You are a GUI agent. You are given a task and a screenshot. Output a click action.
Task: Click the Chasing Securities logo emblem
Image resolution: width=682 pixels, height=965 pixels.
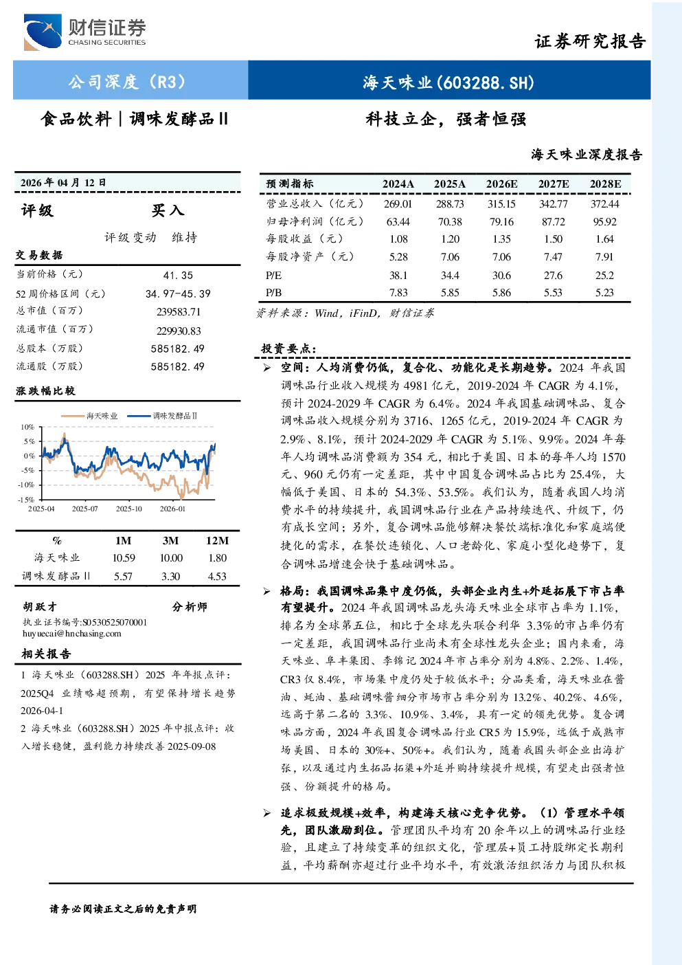pos(43,32)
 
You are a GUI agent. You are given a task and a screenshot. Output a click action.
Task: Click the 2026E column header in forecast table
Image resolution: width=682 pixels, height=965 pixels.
pos(501,184)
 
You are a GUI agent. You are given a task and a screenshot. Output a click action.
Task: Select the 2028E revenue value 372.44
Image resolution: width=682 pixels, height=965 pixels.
pos(605,203)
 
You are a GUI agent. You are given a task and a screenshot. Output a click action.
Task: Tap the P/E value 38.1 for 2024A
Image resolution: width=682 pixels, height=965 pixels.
pos(398,276)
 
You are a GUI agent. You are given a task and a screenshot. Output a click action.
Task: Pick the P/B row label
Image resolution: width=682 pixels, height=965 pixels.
pos(274,293)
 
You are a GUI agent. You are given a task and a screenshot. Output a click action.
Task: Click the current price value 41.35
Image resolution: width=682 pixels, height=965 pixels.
pos(179,276)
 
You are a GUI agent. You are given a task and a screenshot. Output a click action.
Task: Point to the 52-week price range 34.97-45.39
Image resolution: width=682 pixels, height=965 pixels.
pos(178,293)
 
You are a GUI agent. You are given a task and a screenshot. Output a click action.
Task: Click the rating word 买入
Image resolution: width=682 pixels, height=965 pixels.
pos(168,210)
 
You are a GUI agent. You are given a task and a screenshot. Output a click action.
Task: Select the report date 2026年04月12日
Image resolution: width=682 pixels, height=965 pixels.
pos(63,183)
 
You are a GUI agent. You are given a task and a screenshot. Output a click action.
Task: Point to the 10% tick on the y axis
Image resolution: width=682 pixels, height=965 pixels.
pos(27,427)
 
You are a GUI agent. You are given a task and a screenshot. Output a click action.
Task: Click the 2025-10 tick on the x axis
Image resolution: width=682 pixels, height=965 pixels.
pos(128,509)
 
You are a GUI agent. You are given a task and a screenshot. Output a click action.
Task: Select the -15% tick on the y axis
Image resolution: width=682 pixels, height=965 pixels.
pos(26,500)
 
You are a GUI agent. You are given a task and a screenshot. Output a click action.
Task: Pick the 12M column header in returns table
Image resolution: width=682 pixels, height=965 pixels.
pos(217,541)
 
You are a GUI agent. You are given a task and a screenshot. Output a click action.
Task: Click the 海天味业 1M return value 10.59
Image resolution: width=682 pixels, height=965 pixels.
pos(124,558)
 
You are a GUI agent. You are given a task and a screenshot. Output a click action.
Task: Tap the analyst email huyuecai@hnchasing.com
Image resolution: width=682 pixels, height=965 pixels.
pos(72,633)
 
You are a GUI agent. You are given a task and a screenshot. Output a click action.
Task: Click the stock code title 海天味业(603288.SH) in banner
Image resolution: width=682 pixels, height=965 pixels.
pos(448,82)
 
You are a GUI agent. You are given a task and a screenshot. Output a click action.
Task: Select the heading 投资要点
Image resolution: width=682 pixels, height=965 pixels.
pos(288,348)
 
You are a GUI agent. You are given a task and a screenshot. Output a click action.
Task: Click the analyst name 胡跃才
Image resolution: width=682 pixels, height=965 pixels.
pos(40,607)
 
